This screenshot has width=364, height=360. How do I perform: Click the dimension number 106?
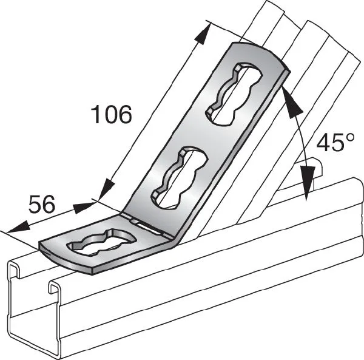pyautogui.click(x=112, y=114)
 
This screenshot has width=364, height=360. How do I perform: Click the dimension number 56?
pyautogui.click(x=42, y=204)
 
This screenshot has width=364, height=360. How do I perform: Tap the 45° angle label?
pyautogui.click(x=335, y=142)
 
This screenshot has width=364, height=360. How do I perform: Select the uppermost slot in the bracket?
pyautogui.click(x=234, y=95)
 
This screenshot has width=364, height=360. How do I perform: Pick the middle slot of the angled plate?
pyautogui.click(x=180, y=177)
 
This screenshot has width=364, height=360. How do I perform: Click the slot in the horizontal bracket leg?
pyautogui.click(x=101, y=242)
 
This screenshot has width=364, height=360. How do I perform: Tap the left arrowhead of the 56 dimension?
pyautogui.click(x=18, y=226)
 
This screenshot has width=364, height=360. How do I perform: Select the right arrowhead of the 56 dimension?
pyautogui.click(x=84, y=207)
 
